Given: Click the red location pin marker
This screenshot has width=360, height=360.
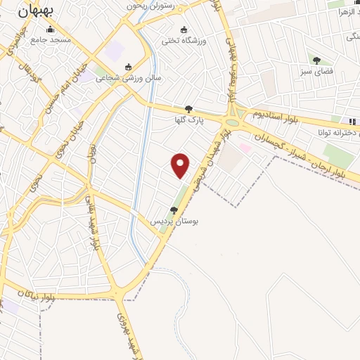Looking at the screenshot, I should pyautogui.click(x=181, y=165).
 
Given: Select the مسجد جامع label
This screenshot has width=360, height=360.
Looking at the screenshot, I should pyautogui.click(x=51, y=40).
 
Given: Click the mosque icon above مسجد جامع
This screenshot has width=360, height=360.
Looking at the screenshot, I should pyautogui.click(x=50, y=30).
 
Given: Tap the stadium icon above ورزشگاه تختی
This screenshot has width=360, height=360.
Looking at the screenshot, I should pyautogui.click(x=184, y=30).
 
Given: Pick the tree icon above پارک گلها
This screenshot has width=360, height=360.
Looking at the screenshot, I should pyautogui.click(x=188, y=109).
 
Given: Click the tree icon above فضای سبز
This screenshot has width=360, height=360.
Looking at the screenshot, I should pyautogui.click(x=316, y=60).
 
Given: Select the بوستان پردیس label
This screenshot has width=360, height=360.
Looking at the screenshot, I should pyautogui.click(x=174, y=220).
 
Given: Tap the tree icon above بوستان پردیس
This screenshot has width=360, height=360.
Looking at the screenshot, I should pyautogui.click(x=174, y=210).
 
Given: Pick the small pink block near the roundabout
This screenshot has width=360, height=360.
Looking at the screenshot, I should pyautogui.click(x=245, y=148).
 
